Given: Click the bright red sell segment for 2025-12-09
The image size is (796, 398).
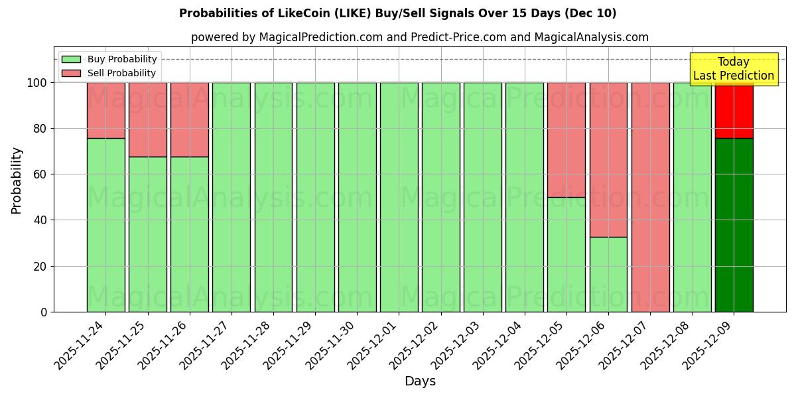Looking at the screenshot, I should click(x=734, y=110).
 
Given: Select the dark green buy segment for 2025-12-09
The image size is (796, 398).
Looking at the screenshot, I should click(x=734, y=226).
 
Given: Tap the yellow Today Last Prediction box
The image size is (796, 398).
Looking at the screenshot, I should click(x=733, y=69).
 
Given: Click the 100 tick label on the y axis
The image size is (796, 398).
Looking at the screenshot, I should click(x=36, y=83).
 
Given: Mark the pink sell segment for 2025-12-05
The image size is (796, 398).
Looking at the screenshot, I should click(x=566, y=139).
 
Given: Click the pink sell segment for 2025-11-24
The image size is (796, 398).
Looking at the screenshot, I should click(x=105, y=110).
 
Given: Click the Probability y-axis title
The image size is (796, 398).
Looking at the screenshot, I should click(x=17, y=180).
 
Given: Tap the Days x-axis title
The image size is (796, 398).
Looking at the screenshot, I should click(x=420, y=381).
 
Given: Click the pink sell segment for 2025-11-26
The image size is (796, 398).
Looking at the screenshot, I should click(x=189, y=119).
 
